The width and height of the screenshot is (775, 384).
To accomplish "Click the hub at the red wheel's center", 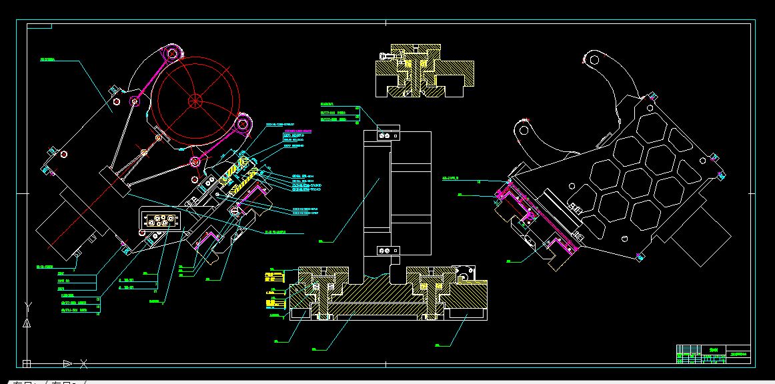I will click(195, 101).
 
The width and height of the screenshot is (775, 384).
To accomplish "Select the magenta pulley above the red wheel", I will click(171, 51).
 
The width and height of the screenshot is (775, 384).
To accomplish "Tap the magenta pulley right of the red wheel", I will click(243, 123).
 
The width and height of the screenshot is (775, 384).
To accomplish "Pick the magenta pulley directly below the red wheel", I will click(195, 161).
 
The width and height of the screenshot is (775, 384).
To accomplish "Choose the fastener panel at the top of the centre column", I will click(382, 134).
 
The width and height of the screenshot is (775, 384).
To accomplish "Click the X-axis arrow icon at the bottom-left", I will click(67, 363).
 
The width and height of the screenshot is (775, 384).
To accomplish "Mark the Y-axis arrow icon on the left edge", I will click(27, 323).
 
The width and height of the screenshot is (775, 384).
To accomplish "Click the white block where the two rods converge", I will click(114, 181).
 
